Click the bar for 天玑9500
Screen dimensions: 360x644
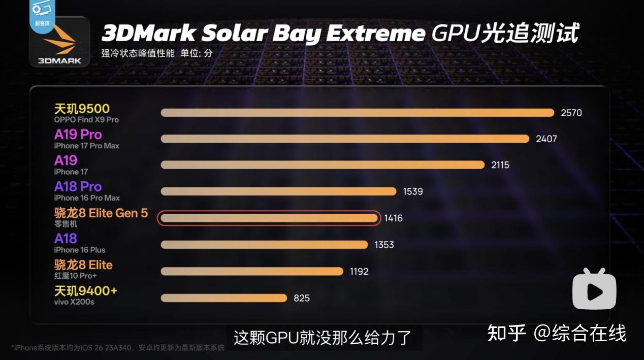coord(357,113)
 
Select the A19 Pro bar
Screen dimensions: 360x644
coord(345,139)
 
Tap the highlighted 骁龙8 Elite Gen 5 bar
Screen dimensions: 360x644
coord(269,218)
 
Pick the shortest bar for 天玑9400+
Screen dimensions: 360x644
coord(224,298)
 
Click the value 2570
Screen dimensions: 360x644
coord(571,113)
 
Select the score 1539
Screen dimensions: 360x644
coord(412,191)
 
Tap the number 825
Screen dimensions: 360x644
coord(301,298)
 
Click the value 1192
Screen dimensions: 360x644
coord(359,272)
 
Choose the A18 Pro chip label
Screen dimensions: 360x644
coord(78,186)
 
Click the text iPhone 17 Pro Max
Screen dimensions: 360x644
coord(86,146)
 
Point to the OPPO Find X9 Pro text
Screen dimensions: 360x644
coord(86,120)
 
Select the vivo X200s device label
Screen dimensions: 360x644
coord(74,302)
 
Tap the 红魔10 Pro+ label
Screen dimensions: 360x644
coord(75,276)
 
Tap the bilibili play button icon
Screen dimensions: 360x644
coord(594,289)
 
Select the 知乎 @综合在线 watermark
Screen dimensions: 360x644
coord(557,334)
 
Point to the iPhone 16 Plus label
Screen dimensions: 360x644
coord(79,250)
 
